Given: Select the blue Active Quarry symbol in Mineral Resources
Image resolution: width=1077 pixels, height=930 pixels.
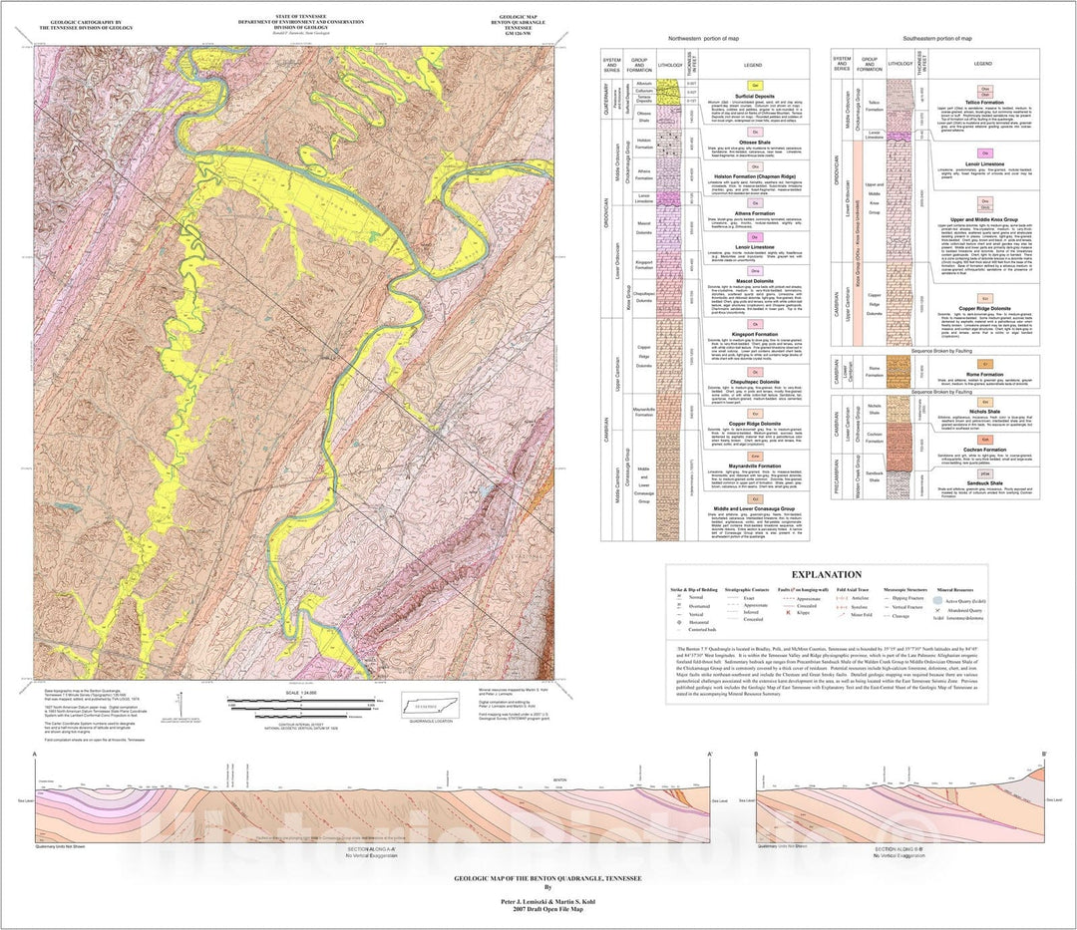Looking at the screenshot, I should (937, 601).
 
